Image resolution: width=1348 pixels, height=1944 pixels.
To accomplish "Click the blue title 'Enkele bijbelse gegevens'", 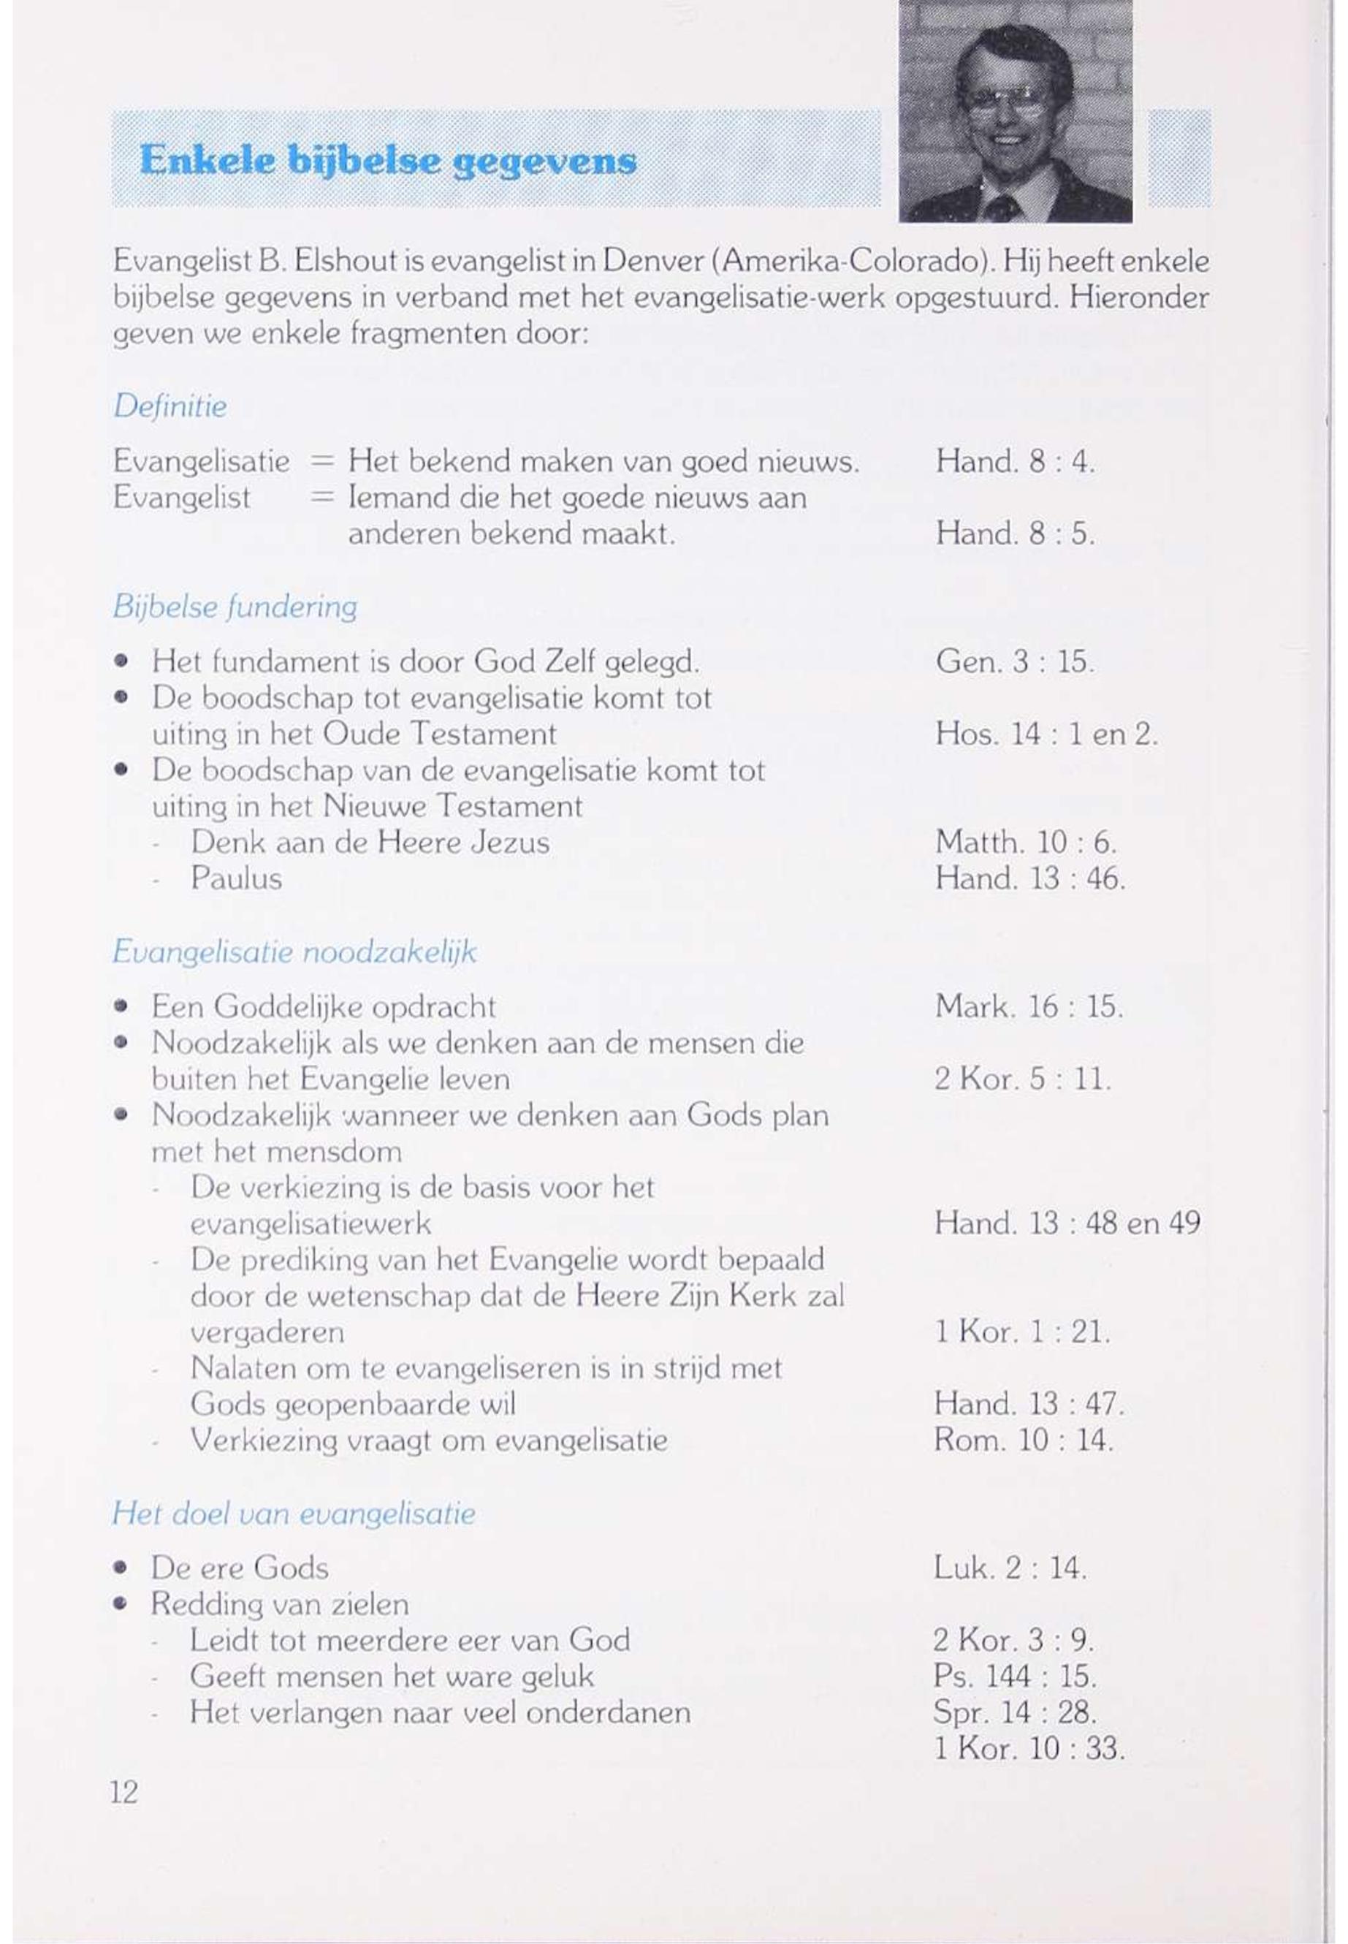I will pyautogui.click(x=388, y=159).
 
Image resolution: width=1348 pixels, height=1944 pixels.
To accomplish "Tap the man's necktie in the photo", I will pyautogui.click(x=1002, y=207).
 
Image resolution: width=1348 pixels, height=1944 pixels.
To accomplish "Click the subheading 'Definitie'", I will pyautogui.click(x=170, y=406).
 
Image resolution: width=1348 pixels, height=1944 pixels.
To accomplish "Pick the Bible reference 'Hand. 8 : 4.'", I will pyautogui.click(x=1014, y=461).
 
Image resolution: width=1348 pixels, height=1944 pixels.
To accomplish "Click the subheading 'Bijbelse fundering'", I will pyautogui.click(x=235, y=607).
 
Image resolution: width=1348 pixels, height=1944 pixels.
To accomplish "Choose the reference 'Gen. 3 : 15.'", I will pyautogui.click(x=1014, y=661).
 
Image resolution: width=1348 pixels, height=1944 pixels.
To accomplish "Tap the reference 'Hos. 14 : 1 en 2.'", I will pyautogui.click(x=1046, y=733).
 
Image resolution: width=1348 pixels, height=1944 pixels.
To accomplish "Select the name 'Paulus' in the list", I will pyautogui.click(x=236, y=878).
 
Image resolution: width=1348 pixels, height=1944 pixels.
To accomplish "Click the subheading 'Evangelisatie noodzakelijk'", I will pyautogui.click(x=294, y=952).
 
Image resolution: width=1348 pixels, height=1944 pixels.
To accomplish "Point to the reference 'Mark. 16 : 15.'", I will pyautogui.click(x=1029, y=1007).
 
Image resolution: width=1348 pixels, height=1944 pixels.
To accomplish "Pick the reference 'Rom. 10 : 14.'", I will pyautogui.click(x=1024, y=1440).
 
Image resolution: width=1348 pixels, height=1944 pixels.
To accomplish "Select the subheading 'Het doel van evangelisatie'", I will pyautogui.click(x=293, y=1512).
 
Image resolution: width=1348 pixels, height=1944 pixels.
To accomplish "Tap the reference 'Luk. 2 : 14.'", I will pyautogui.click(x=1009, y=1568).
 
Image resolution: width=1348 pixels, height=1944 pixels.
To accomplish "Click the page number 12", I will pyautogui.click(x=123, y=1792).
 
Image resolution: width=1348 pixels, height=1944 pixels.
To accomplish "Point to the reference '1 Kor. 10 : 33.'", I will pyautogui.click(x=1029, y=1748).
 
